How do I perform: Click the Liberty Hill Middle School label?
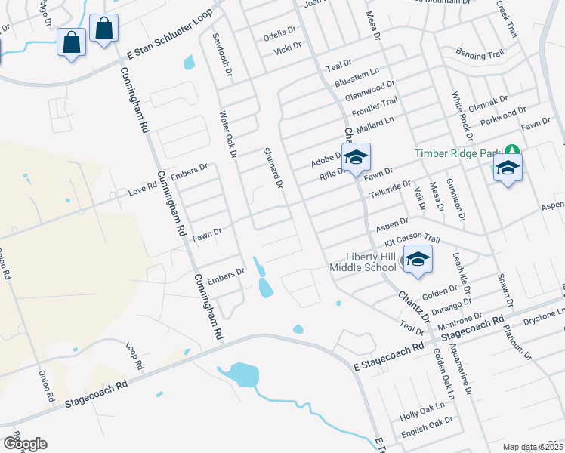(x=363, y=260)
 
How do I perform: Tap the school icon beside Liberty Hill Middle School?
(x=417, y=260)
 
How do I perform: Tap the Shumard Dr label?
(x=272, y=168)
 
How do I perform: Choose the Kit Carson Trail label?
(x=412, y=238)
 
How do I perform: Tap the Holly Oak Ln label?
(x=422, y=411)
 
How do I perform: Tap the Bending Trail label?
(x=480, y=54)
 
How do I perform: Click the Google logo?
(x=25, y=444)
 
